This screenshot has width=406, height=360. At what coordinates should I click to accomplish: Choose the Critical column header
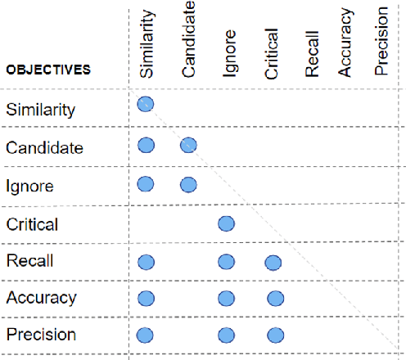coord(273,54)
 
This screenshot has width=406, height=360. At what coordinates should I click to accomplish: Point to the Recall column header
coord(312,58)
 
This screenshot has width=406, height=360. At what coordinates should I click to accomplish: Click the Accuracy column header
coord(345,50)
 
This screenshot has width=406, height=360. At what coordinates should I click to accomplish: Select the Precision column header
coord(381,50)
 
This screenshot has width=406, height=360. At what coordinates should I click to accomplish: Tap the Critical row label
coord(32,223)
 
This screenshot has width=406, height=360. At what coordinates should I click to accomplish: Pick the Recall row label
coord(29,261)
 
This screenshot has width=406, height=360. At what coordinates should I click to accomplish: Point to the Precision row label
coord(41,335)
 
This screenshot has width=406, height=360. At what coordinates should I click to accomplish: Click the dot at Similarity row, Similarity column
coord(146,104)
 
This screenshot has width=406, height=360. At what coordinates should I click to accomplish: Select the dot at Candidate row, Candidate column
coord(188,146)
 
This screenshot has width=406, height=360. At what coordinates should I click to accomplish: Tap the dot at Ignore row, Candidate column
coord(188,184)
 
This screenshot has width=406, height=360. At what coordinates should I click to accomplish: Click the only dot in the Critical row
coord(227,223)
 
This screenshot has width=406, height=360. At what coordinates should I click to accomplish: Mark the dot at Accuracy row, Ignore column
coord(227,299)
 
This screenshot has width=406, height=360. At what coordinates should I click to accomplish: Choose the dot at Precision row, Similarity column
coord(146,335)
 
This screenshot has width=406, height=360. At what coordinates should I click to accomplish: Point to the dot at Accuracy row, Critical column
coord(275,299)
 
